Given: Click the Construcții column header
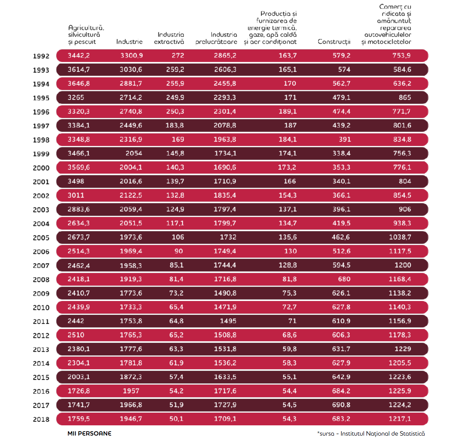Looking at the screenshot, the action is pos(334,42).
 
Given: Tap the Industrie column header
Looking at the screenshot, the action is pos(129,42).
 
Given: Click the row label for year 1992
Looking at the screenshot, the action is pos(41,56).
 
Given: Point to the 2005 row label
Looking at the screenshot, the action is pos(41,238).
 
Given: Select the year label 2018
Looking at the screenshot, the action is pos(41,419).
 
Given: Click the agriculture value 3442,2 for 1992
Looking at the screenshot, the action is pos(79,55).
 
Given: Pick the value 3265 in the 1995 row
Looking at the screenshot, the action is pos(76,97).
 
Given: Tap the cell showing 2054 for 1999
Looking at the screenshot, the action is pos(134,153).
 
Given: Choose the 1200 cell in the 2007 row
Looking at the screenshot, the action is pos(403,265).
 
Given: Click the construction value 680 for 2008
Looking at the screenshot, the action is pos(345,279).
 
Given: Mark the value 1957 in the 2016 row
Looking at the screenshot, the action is pos(131,391).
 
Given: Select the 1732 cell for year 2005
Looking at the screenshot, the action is pos(228,237).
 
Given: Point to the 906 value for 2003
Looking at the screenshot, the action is pos(405,209).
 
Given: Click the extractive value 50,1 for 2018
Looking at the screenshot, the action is pos(176,419).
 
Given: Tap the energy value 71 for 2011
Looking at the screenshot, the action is pos(293,321).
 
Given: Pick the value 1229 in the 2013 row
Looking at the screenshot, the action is pos(403,349).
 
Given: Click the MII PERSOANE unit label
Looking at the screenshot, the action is pos(90,434).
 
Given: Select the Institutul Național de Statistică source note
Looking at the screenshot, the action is pos(382,434).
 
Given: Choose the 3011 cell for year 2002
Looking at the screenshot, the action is pos(76,195).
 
